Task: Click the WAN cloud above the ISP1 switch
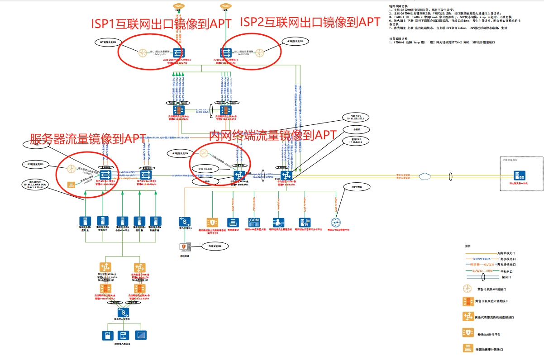pyautogui.click(x=178, y=6)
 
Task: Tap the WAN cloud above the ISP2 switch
pyautogui.click(x=225, y=6)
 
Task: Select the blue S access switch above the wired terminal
pyautogui.click(x=185, y=222)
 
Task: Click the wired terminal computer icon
pyautogui.click(x=185, y=247)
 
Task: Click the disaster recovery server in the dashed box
pyautogui.click(x=519, y=175)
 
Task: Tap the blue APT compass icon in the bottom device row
pyautogui.click(x=335, y=222)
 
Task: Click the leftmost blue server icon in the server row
pyautogui.click(x=83, y=221)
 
